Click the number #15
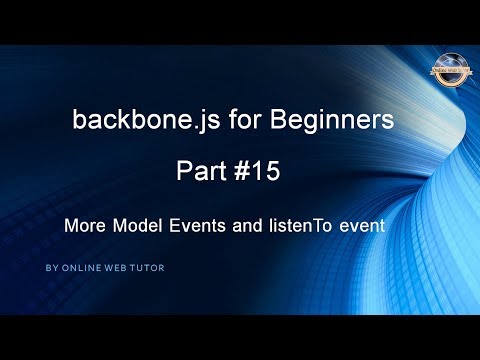(256, 171)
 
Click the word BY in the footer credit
(51, 268)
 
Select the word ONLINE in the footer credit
(79, 268)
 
